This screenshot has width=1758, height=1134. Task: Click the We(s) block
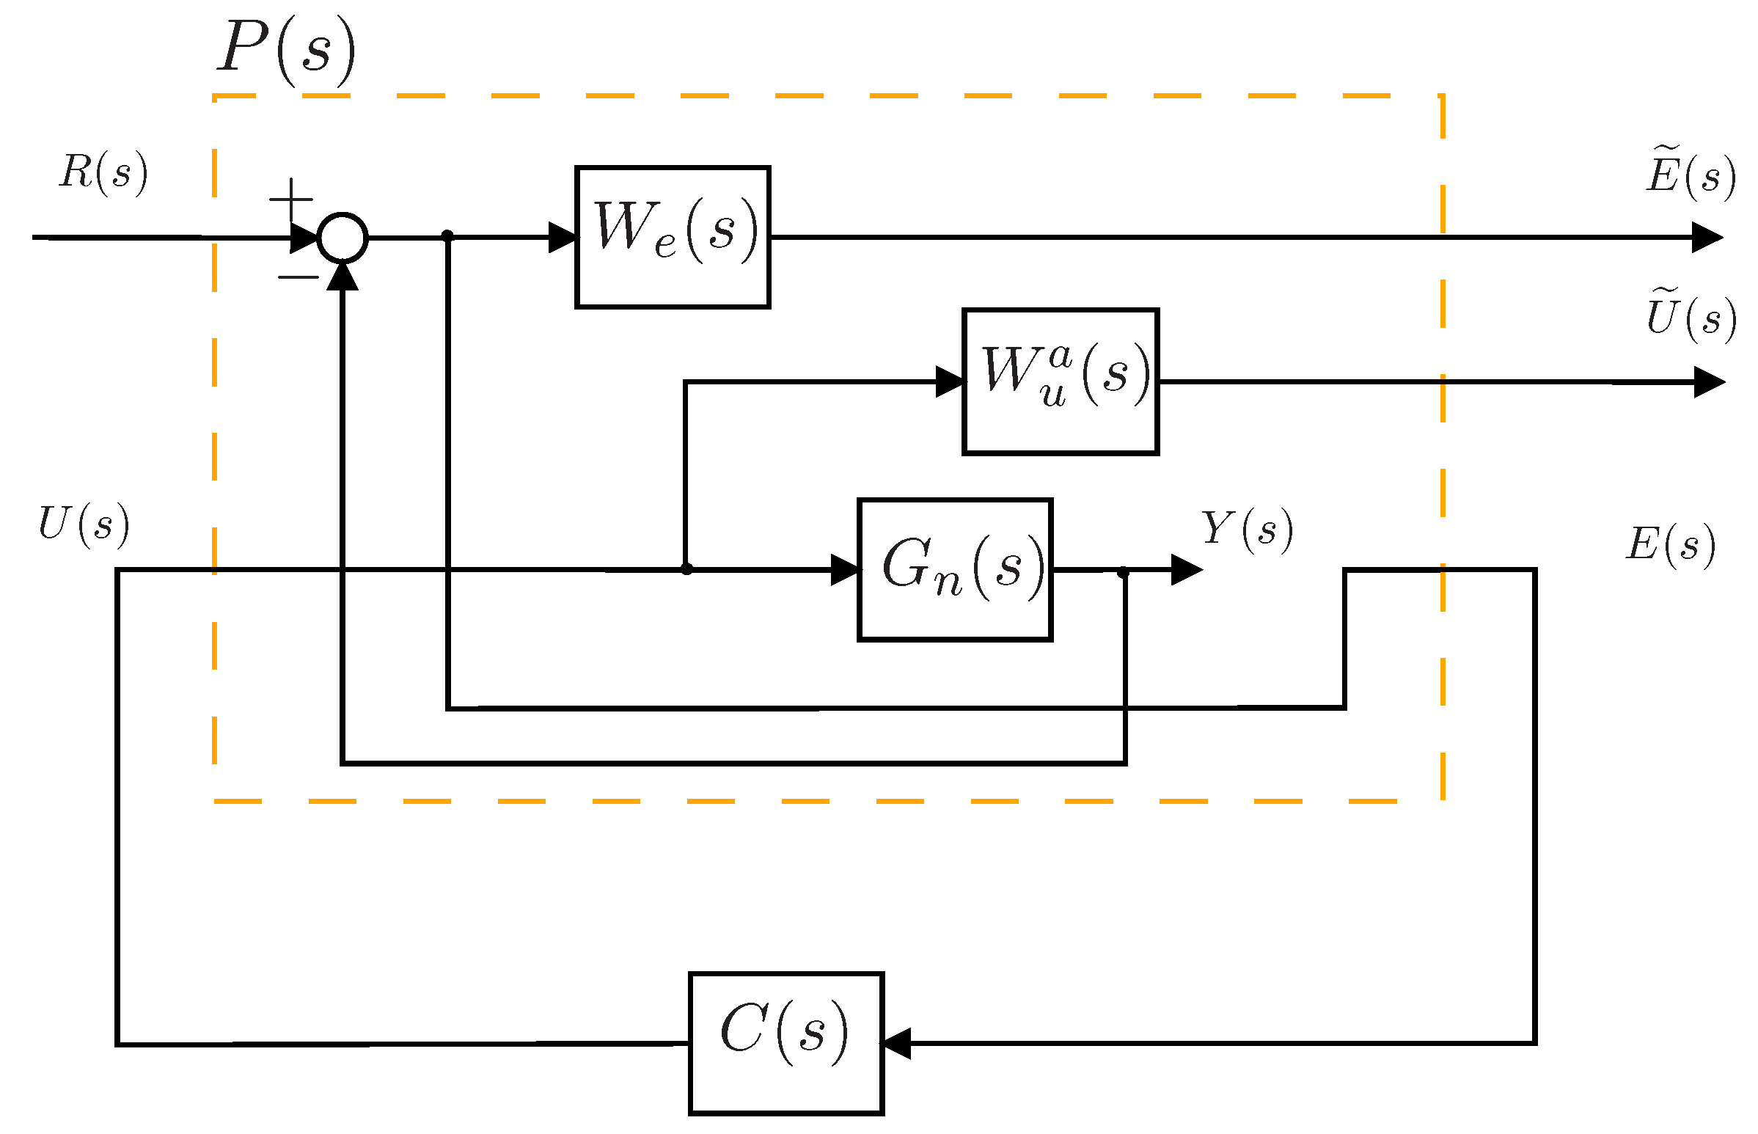point(671,236)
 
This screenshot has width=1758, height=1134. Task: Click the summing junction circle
point(342,237)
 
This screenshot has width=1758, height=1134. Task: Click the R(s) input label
point(103,172)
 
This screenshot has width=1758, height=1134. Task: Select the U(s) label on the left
point(83,524)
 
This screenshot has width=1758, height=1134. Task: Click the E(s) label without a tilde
point(1669,544)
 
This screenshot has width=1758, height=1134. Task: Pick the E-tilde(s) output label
point(1690,174)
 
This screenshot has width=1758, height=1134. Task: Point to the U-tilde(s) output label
point(1691,317)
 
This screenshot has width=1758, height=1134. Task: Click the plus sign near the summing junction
point(290,199)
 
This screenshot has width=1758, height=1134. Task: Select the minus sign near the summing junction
point(298,277)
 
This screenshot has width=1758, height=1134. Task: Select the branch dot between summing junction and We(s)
point(447,235)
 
